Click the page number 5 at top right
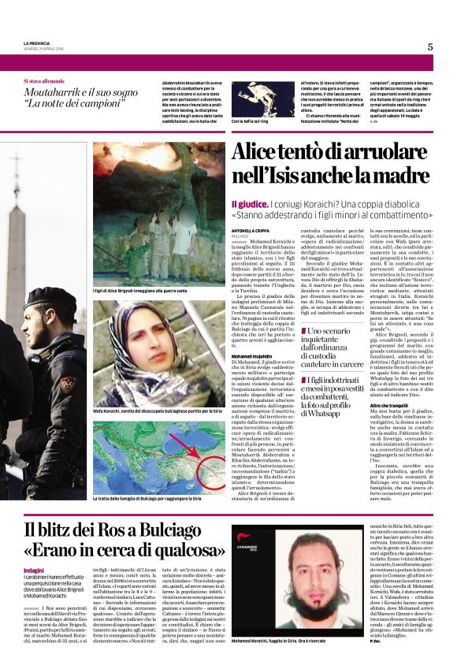[x=430, y=46]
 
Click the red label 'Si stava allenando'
[x=44, y=81]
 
